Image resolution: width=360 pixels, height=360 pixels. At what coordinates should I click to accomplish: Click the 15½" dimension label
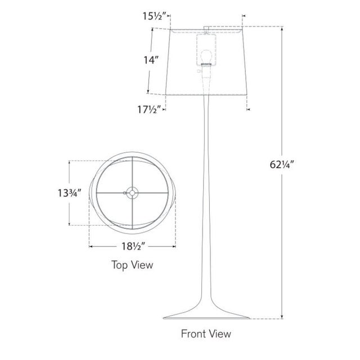(154, 16)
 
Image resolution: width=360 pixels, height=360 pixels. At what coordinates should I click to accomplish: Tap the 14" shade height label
(151, 60)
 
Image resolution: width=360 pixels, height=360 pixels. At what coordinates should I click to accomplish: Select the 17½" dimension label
(148, 110)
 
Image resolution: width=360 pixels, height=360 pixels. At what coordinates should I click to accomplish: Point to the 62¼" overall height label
(282, 164)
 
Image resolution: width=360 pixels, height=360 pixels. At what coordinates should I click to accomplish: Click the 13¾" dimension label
(69, 193)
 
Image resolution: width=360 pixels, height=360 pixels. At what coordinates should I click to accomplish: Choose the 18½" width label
(133, 246)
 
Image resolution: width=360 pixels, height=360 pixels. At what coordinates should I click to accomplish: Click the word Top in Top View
(119, 265)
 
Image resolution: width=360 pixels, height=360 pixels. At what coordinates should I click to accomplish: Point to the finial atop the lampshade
(206, 29)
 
